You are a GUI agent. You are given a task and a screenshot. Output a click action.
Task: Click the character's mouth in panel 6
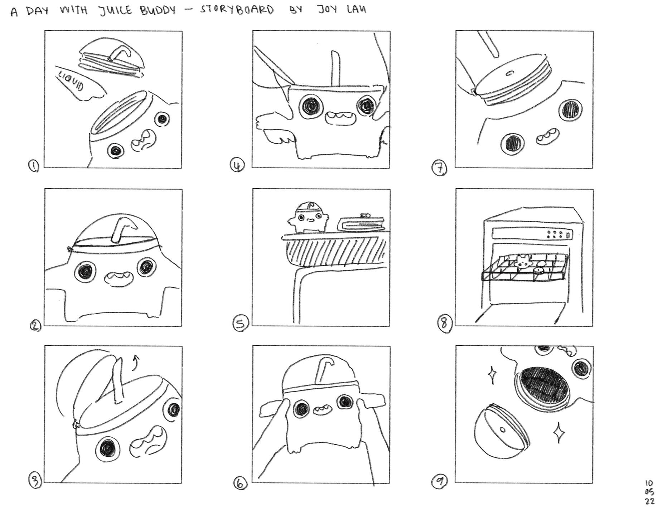pos(323,409)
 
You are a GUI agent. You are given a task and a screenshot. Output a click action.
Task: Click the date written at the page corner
pos(650,492)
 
